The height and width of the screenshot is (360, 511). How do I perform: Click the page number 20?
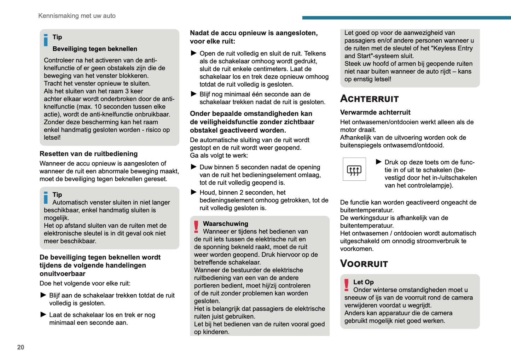[21, 347]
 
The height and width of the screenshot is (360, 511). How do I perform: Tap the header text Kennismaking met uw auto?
[77, 16]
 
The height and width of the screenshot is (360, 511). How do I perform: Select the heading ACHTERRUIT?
[369, 99]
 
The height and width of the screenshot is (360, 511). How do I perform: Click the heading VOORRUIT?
[364, 263]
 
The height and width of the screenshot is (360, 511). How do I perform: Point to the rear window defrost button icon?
[354, 169]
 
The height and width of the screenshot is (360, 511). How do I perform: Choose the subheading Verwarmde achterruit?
[375, 112]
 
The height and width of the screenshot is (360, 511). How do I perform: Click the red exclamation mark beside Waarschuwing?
[196, 227]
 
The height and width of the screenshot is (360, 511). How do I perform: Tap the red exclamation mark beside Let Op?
[347, 285]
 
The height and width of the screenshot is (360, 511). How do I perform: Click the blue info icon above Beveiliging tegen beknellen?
[46, 40]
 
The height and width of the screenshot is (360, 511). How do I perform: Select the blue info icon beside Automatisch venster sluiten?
[46, 198]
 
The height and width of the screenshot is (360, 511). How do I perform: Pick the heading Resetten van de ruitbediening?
[88, 154]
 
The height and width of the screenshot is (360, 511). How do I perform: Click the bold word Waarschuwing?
[225, 224]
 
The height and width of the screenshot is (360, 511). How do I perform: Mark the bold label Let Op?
[363, 282]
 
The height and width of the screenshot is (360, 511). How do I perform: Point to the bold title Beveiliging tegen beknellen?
[95, 49]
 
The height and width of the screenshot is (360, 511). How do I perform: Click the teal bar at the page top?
[406, 18]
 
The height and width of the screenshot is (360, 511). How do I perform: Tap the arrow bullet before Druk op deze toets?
[378, 162]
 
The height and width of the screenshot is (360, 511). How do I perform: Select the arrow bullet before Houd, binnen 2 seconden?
[193, 192]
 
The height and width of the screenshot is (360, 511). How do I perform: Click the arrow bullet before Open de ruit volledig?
[193, 53]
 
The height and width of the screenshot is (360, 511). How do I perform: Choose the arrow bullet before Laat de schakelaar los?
[43, 315]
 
